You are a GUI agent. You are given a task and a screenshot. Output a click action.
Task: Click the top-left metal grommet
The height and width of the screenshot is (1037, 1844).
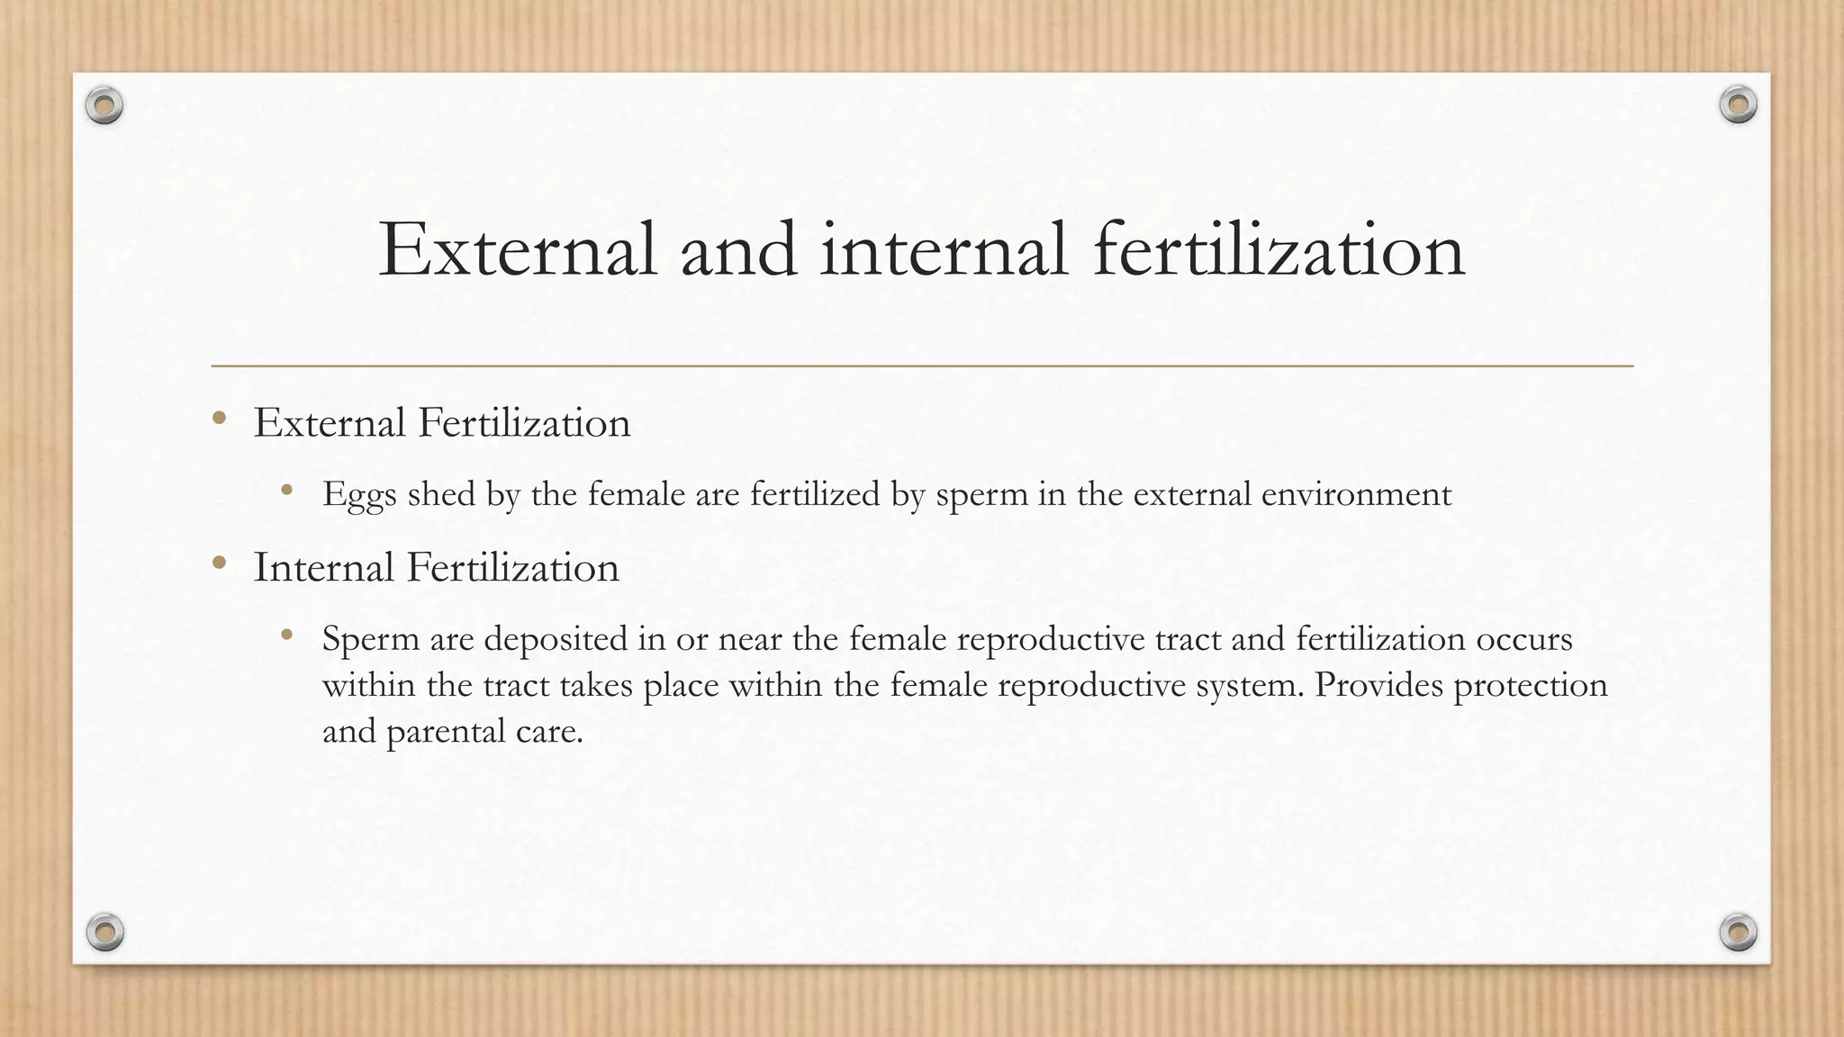[x=104, y=106]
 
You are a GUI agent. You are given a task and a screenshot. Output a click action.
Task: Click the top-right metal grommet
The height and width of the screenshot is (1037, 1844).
[x=1738, y=105]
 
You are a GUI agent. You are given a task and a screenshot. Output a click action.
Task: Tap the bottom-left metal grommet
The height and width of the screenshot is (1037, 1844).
[x=104, y=932]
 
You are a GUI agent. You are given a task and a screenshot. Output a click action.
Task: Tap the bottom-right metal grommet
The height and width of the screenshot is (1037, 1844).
[x=1738, y=932]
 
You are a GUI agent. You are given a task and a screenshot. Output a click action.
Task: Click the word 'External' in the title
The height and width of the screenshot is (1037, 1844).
[x=518, y=249]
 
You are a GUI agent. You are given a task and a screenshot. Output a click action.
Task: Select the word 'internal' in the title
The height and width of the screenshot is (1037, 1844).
[x=944, y=249]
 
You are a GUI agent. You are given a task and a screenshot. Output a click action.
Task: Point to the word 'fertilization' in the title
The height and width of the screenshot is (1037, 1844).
[x=1279, y=249]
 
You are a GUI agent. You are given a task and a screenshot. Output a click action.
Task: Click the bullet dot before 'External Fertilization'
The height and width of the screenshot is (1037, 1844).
[x=219, y=418]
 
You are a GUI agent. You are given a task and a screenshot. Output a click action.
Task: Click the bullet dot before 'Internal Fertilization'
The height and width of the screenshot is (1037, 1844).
[x=219, y=564]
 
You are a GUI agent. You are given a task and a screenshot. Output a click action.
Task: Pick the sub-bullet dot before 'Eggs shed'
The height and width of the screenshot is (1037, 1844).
[x=287, y=490]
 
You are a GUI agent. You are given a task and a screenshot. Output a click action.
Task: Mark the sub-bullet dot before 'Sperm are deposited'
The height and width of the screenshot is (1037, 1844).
[x=287, y=635]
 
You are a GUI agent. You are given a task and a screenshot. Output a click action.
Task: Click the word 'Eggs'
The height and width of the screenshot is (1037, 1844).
[x=359, y=495]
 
